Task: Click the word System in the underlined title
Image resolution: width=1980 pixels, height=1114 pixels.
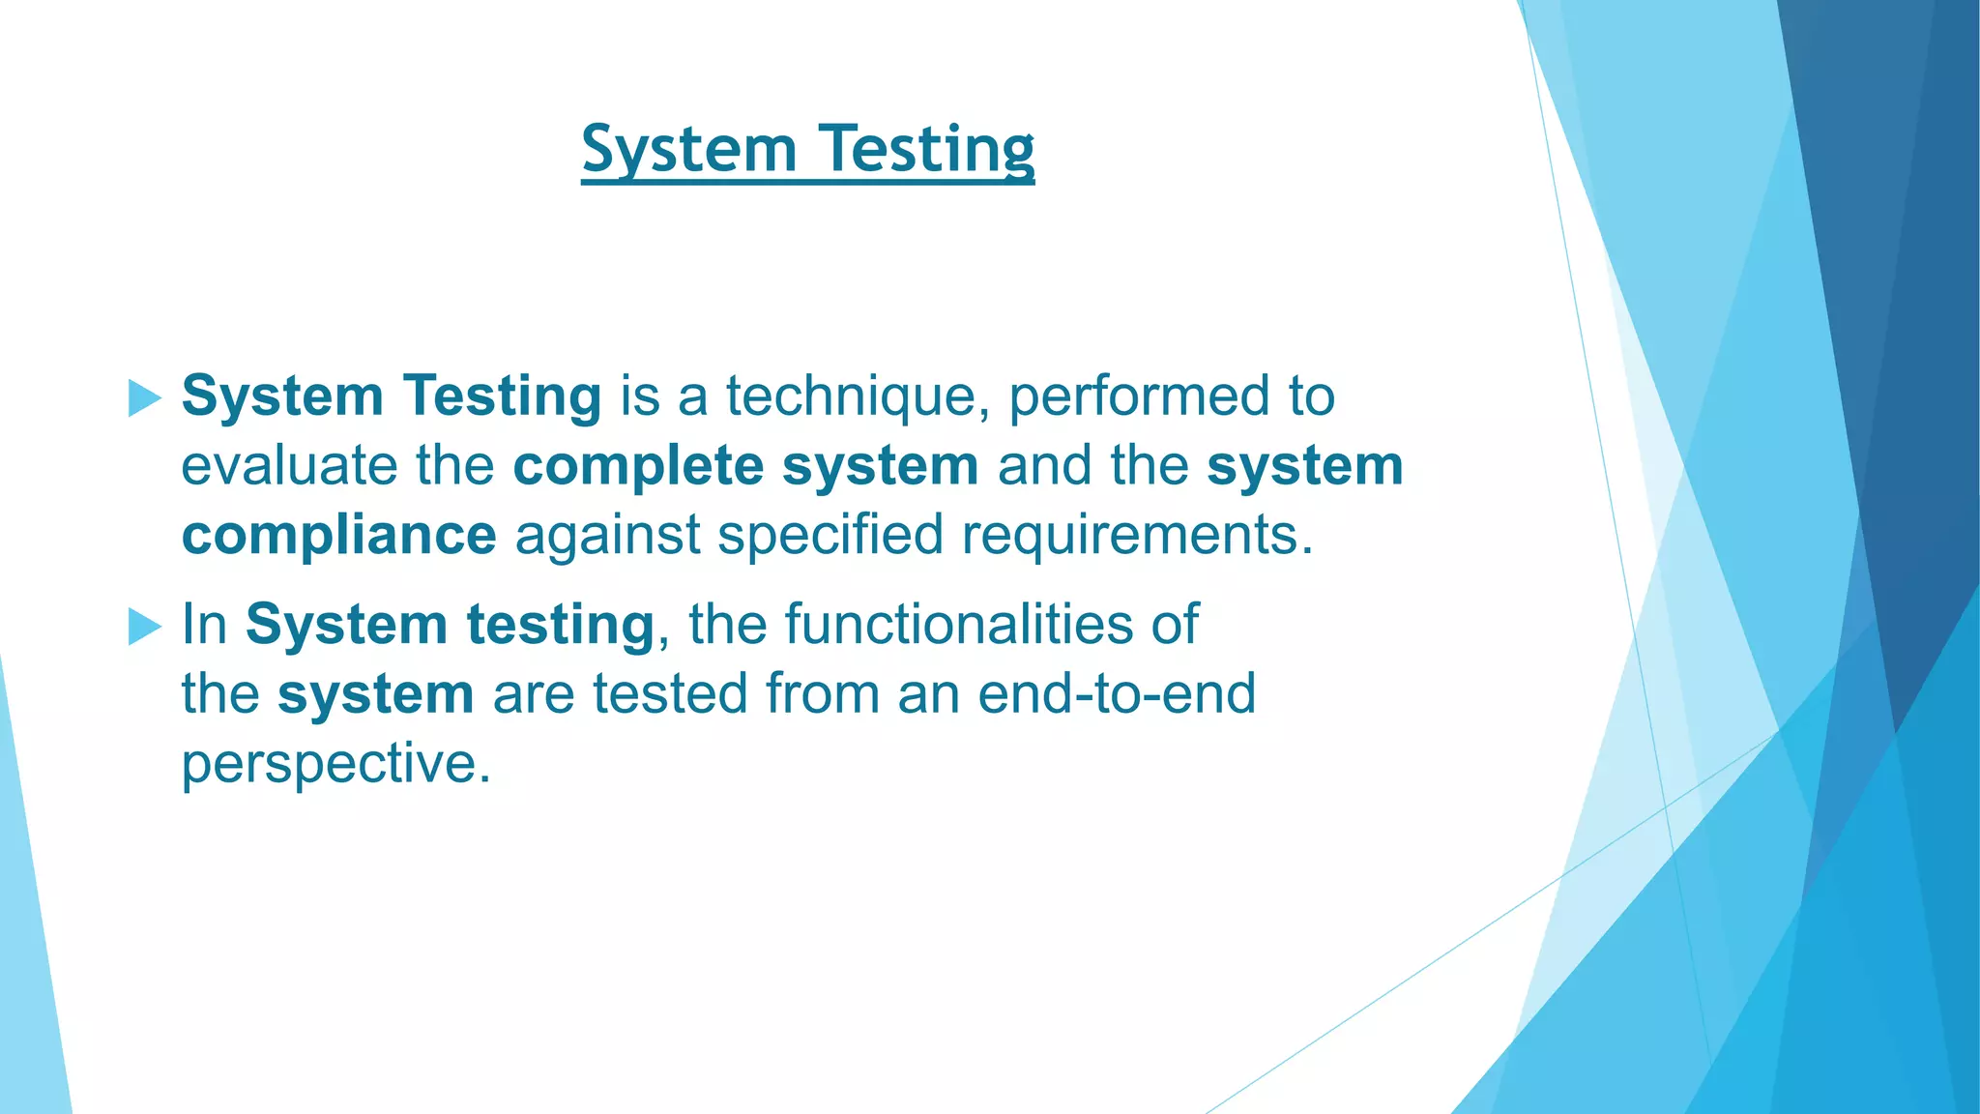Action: [x=688, y=150]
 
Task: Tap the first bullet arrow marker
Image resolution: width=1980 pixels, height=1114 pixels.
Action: [x=144, y=397]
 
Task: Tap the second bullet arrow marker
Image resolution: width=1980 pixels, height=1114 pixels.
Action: [x=144, y=627]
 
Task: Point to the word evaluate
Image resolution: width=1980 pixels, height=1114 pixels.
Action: [x=289, y=465]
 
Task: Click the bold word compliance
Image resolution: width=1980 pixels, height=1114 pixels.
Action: [x=338, y=535]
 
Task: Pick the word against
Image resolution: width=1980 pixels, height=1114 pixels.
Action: [x=607, y=535]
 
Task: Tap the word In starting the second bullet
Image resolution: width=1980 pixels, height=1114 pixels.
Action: [x=204, y=624]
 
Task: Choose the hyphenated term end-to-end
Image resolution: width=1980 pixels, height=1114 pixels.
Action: [x=1117, y=693]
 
